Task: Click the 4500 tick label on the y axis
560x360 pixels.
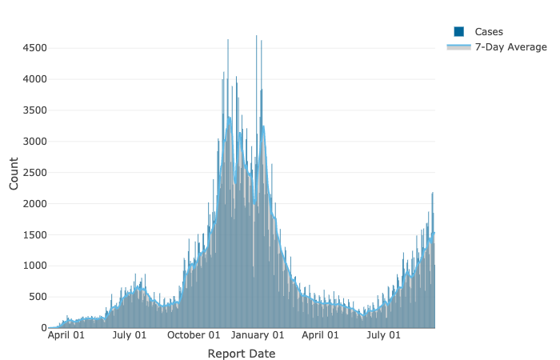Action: point(34,48)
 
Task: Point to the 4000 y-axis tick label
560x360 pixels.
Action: point(34,79)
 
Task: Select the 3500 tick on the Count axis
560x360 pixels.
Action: point(34,110)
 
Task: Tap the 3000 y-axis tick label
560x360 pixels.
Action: point(34,142)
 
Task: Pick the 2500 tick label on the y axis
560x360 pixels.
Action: point(34,173)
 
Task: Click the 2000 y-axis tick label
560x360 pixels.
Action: point(34,204)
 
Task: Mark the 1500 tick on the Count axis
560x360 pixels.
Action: point(34,235)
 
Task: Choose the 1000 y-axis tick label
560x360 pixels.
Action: point(34,266)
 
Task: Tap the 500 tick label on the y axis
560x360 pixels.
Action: point(38,297)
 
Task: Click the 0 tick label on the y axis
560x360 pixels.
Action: point(43,328)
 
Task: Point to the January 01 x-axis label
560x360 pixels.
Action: point(259,336)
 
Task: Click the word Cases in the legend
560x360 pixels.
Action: point(489,32)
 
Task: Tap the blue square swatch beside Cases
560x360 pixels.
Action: point(459,32)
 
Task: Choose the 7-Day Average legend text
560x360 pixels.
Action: point(511,48)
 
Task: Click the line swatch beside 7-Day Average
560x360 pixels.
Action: point(459,48)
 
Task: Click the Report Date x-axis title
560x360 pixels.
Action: point(241,354)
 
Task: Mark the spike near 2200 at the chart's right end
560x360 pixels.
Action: point(433,194)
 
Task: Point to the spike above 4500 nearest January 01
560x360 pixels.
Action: point(256,37)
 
